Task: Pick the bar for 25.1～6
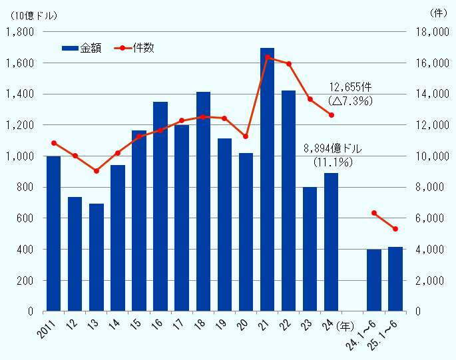point(395,279)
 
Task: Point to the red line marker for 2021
point(267,57)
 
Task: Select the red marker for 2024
point(331,115)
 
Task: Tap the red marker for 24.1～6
point(374,213)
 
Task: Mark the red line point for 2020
point(246,136)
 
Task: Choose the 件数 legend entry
point(136,48)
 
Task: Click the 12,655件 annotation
point(350,88)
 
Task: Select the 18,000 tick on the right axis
point(429,32)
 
